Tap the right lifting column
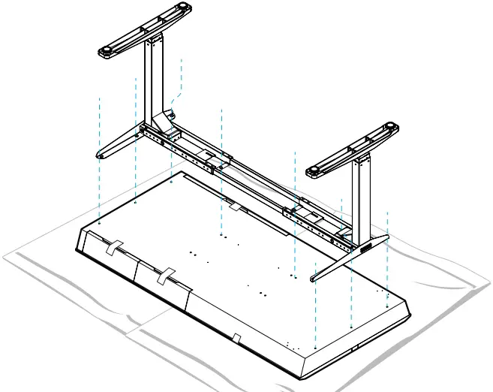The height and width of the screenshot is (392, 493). point(360,191)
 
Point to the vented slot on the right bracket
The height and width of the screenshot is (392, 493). point(366,249)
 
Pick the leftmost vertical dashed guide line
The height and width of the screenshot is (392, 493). point(100,158)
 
